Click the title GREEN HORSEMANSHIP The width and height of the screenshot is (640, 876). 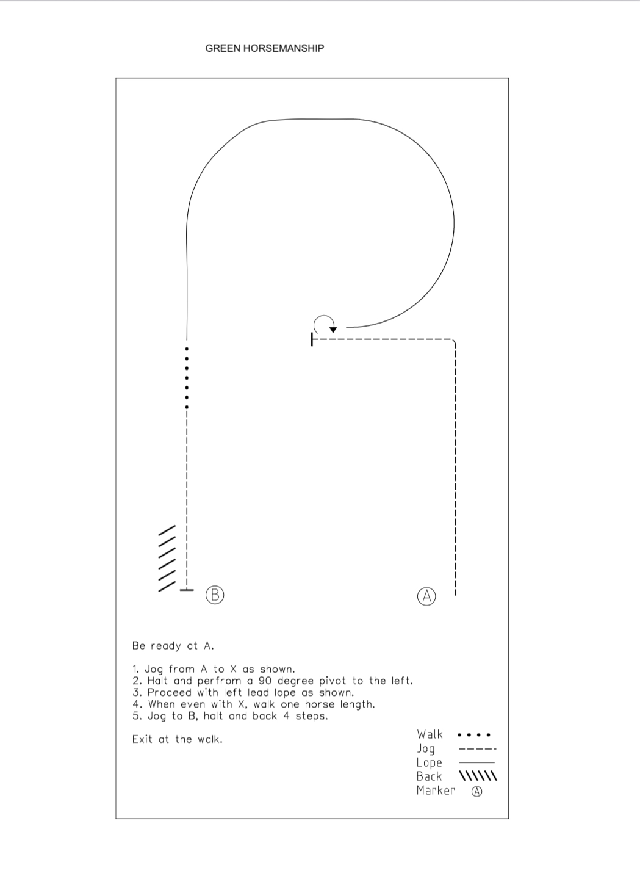(x=265, y=48)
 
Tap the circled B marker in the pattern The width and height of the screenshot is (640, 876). (x=215, y=595)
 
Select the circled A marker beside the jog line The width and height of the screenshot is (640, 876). (x=426, y=596)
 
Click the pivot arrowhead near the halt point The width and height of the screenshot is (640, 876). (x=333, y=330)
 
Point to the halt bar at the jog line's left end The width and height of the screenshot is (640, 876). (x=312, y=339)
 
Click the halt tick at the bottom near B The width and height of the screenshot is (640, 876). (x=187, y=590)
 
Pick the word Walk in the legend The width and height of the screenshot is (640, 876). (x=430, y=734)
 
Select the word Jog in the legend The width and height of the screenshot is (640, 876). (x=426, y=749)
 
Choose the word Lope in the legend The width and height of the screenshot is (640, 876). (x=430, y=763)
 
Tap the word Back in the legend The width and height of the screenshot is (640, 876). (x=429, y=776)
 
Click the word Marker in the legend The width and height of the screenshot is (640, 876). (x=436, y=791)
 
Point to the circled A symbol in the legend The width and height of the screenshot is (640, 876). (x=476, y=792)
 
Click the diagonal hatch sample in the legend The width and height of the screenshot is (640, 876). (x=478, y=776)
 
